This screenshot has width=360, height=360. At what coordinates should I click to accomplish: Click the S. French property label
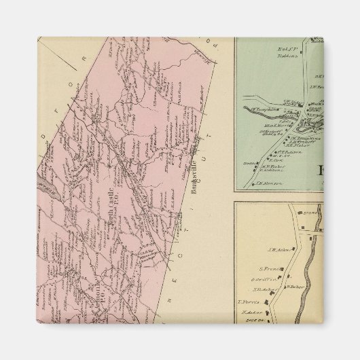[x=271, y=268]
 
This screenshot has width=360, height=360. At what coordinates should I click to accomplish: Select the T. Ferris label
[x=249, y=303]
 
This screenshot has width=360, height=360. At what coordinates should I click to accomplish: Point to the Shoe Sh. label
[x=249, y=322]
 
